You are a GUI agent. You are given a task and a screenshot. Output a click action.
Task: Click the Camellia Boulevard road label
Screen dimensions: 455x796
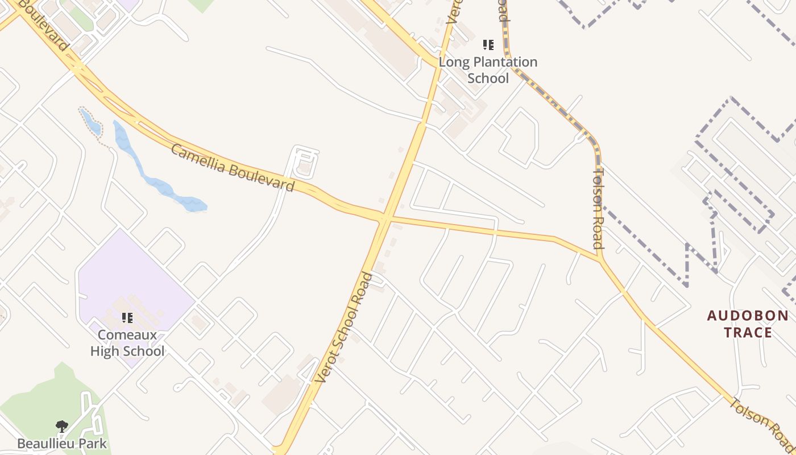[x=233, y=168]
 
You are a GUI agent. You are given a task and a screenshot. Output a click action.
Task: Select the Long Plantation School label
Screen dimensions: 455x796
[x=488, y=70]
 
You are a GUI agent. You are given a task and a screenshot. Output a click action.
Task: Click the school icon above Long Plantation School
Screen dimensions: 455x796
[x=488, y=44]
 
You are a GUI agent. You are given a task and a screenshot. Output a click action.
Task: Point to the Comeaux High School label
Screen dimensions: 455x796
[x=127, y=343]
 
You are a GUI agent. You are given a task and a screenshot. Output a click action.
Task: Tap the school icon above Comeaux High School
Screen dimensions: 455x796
[x=127, y=318]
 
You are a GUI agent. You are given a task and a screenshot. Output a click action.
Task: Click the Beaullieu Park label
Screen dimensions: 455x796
[x=62, y=443]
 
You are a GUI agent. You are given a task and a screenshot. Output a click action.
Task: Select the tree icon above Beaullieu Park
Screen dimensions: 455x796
[x=62, y=426]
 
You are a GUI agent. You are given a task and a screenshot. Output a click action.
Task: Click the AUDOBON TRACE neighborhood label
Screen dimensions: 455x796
[x=748, y=324]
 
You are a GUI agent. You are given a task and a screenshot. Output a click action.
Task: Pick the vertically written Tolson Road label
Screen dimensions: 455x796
[x=598, y=208]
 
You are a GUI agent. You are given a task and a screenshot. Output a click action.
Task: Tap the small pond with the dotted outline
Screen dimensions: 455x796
[x=90, y=122]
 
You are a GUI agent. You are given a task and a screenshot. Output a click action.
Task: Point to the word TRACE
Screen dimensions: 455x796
[x=748, y=332]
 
